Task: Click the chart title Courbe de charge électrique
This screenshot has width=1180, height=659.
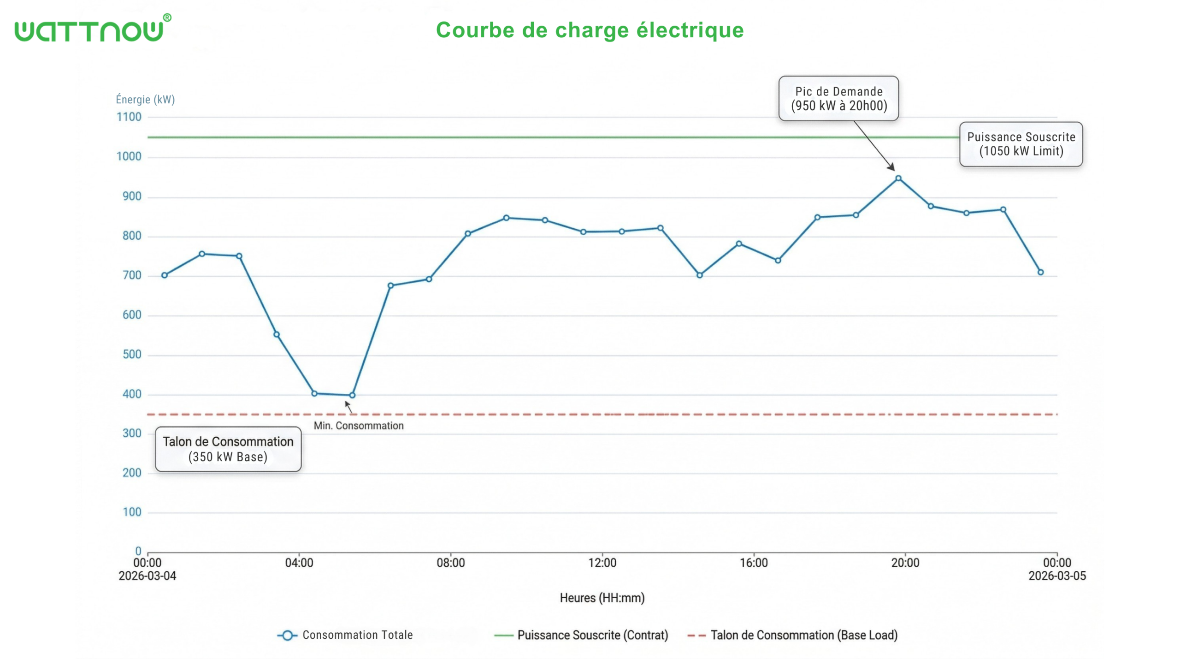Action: point(590,30)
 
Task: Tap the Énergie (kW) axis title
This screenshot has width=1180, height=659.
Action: point(145,100)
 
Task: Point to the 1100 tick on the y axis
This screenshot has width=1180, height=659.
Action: point(129,117)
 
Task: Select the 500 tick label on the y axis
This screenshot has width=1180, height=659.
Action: point(132,355)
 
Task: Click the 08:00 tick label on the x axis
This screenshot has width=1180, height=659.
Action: point(450,563)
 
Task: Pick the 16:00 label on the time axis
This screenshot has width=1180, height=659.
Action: point(754,563)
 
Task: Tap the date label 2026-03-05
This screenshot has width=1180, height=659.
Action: point(1057,576)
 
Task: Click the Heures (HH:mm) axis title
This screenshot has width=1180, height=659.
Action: point(602,598)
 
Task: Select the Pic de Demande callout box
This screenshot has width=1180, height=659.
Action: point(838,99)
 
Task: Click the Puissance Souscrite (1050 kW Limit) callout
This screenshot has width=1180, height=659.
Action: point(1021,144)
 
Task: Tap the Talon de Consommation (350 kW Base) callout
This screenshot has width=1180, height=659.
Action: point(228,449)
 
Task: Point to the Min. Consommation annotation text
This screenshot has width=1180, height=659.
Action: point(359,426)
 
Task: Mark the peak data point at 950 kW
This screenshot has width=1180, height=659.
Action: point(898,178)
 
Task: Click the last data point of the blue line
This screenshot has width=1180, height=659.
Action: point(1040,273)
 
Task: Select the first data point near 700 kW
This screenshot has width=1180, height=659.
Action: point(165,275)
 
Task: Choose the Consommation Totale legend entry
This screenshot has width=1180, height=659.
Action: point(346,635)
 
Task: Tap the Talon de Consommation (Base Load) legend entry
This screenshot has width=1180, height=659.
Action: point(793,635)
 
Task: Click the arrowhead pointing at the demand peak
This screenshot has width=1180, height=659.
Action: point(891,167)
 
